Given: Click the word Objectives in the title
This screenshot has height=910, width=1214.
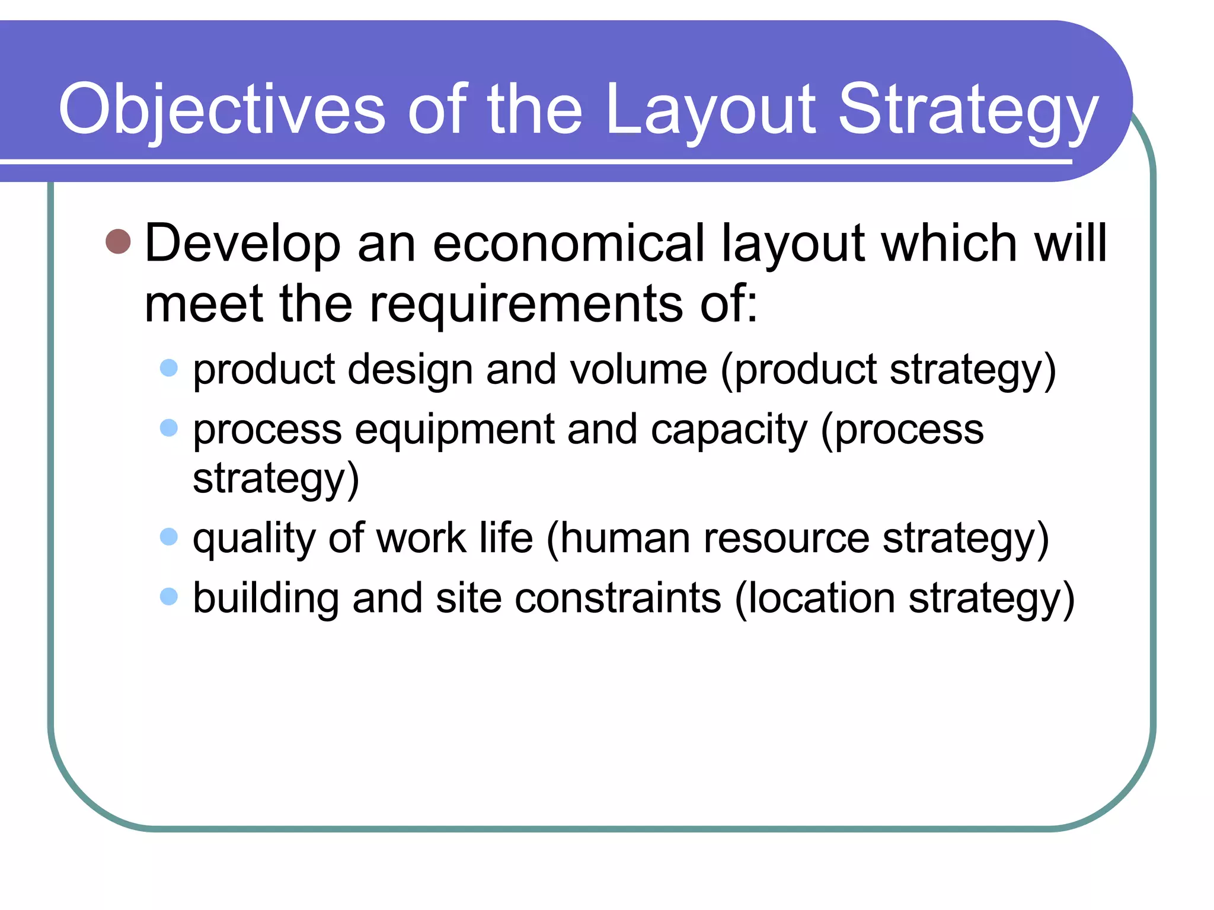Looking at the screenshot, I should point(222,110).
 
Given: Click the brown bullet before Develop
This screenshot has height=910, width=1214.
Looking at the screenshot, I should point(118,242).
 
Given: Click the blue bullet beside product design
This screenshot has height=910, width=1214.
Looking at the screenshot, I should point(169,368).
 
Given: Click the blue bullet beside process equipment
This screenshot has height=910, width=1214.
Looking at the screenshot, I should point(169,428).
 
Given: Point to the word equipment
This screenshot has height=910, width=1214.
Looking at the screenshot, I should point(455,430).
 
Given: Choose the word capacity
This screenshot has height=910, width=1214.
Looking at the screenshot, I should point(729,430).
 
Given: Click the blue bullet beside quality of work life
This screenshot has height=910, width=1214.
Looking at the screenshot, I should point(169,537).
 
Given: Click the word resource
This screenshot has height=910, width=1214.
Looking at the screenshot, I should point(786,539).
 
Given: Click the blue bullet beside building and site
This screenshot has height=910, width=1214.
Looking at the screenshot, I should point(169,596).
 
